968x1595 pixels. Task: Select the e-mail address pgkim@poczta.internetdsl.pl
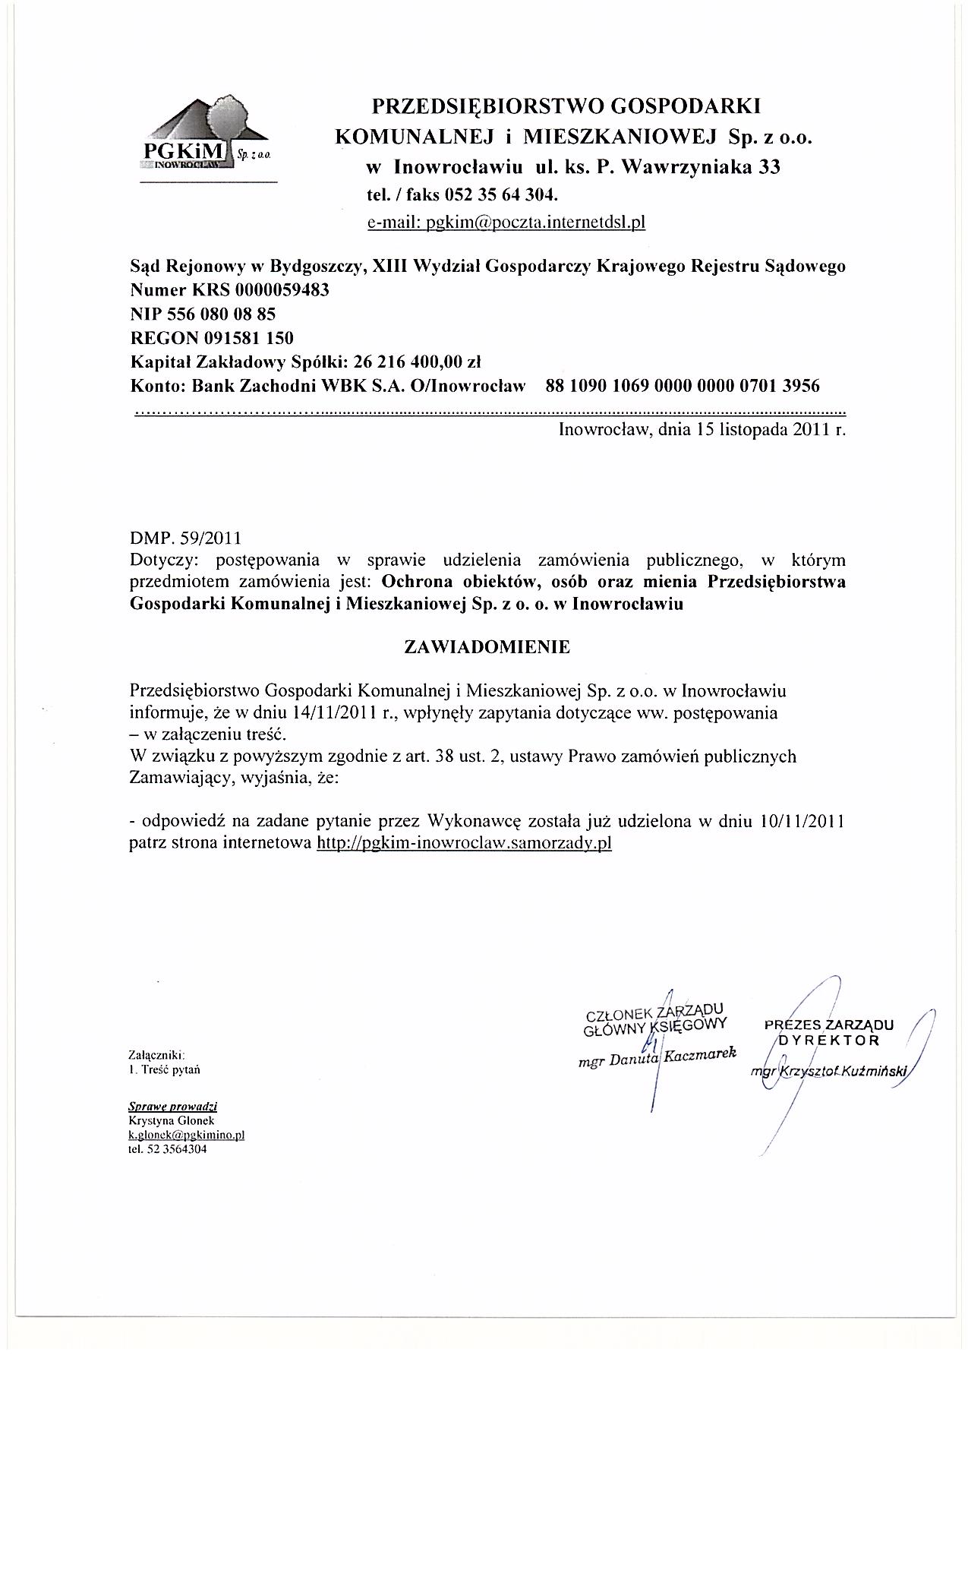[x=506, y=223]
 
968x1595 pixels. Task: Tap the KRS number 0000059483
[x=282, y=290]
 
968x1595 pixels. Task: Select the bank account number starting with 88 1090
[x=683, y=386]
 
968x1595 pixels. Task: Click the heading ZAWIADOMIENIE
[x=487, y=647]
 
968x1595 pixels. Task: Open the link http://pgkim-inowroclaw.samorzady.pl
[x=463, y=843]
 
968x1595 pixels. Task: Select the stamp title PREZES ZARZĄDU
[x=829, y=1025]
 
